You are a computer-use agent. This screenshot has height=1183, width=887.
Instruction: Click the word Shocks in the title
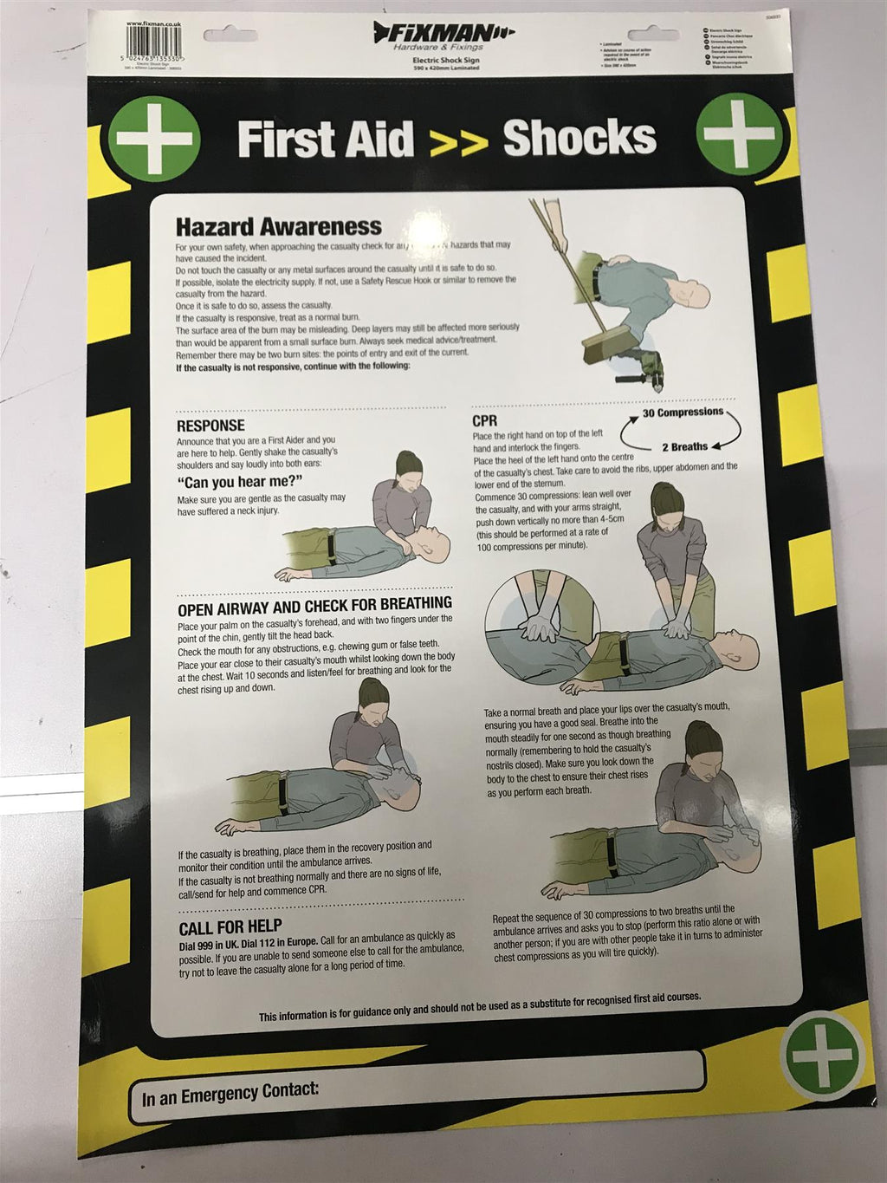pyautogui.click(x=579, y=139)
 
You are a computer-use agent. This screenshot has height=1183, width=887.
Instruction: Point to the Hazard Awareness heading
pyautogui.click(x=278, y=227)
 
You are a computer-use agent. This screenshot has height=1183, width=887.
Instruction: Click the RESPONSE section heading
pyautogui.click(x=210, y=426)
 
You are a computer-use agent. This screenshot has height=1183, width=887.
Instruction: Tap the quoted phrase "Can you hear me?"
pyautogui.click(x=239, y=481)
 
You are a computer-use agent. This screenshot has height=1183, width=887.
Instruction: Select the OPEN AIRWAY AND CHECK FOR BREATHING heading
pyautogui.click(x=314, y=603)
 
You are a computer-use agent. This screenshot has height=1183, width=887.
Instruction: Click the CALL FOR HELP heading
pyautogui.click(x=230, y=926)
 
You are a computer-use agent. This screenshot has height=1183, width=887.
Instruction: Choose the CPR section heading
pyautogui.click(x=485, y=421)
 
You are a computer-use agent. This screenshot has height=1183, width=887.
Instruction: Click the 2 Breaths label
pyautogui.click(x=684, y=447)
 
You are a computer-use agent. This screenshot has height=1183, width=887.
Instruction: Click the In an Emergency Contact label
pyautogui.click(x=230, y=1094)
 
